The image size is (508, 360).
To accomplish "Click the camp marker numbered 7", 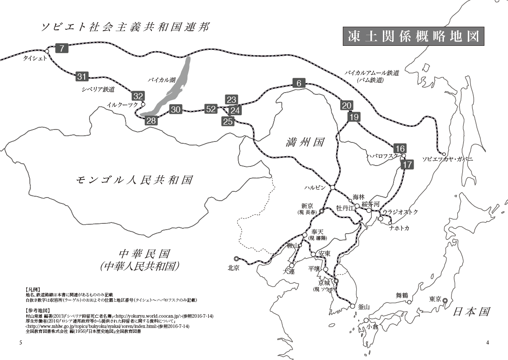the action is [x=62, y=48].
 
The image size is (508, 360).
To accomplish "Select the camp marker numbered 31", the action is [x=82, y=77].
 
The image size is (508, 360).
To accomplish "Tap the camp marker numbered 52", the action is [x=211, y=109].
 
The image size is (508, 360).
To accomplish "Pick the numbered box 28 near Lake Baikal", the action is [x=151, y=120].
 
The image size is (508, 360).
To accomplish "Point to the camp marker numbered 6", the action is [x=299, y=83].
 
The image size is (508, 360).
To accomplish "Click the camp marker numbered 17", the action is [x=407, y=164].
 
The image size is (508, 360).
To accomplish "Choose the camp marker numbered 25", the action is [x=228, y=121].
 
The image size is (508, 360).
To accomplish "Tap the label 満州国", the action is [x=305, y=142].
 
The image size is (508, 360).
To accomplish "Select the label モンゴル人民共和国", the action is [x=134, y=180].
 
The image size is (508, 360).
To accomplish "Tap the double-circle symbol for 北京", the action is [x=236, y=259].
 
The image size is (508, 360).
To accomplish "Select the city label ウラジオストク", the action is [x=400, y=212].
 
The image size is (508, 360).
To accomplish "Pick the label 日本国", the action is [x=471, y=311].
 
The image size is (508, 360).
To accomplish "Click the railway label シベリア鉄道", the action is [x=98, y=89].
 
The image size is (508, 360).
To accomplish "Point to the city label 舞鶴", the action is [x=402, y=295].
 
